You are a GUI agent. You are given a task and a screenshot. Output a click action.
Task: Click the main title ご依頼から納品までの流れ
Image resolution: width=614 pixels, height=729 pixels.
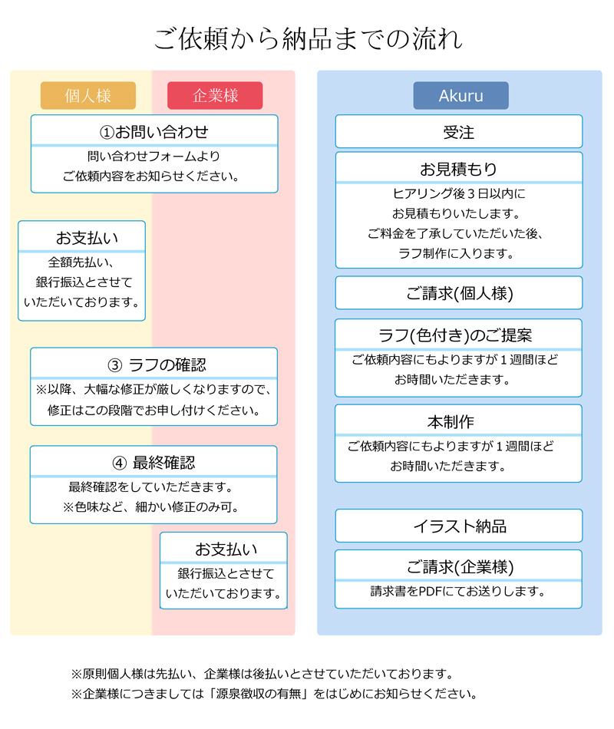tap(308, 38)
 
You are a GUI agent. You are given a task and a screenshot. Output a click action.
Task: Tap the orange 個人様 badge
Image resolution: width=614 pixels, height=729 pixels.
tap(88, 96)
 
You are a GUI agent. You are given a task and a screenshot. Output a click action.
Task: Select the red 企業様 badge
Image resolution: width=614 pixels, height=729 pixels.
tap(215, 96)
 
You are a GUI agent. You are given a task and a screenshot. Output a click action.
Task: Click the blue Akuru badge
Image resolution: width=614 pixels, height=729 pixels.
tap(460, 96)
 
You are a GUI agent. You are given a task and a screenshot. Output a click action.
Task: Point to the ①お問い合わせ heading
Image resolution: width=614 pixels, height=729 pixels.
tap(154, 132)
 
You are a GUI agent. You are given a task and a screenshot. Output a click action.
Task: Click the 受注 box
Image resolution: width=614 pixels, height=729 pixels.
tap(459, 131)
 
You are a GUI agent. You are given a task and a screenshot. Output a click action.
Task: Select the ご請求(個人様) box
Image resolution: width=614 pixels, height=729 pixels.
tap(459, 293)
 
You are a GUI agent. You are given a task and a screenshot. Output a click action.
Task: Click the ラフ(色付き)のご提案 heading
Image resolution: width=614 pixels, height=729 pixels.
tap(455, 335)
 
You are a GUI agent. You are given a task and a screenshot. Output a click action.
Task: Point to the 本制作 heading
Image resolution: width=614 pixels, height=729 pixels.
tap(451, 422)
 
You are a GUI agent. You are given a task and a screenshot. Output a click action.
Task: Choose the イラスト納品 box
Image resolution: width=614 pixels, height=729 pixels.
tap(459, 526)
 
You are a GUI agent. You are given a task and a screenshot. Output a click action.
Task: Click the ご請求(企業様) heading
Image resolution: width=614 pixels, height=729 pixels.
tap(460, 567)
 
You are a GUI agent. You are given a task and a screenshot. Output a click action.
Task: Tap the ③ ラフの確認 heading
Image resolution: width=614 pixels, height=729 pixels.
tap(157, 365)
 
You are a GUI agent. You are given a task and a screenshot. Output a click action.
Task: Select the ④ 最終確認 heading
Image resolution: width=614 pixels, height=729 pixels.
tap(154, 463)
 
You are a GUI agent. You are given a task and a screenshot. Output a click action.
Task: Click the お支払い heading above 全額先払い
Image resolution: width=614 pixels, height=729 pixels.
tap(87, 238)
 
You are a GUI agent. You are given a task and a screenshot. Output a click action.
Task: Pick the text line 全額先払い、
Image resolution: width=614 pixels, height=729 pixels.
tap(81, 262)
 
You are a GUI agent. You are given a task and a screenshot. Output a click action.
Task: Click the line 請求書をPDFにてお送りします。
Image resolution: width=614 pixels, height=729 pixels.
tap(457, 592)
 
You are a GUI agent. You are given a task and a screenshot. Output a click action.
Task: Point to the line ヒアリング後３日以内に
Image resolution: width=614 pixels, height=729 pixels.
tap(459, 193)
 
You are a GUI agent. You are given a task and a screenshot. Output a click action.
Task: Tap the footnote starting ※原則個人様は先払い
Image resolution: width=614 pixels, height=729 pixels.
tap(262, 674)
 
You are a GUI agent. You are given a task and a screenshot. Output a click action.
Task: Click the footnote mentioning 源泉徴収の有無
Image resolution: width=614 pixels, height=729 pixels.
tap(275, 694)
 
